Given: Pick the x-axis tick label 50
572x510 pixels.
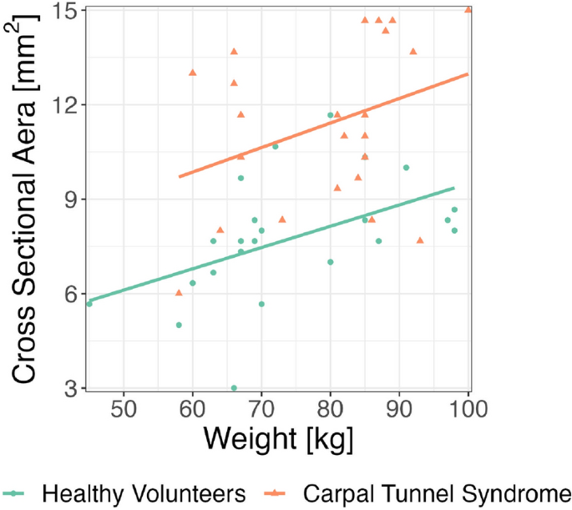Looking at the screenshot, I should point(124,409).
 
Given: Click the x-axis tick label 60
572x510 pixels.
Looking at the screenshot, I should point(193,409).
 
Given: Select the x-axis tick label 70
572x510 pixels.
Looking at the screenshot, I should point(261,409).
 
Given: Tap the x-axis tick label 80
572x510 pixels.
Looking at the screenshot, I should point(331,409).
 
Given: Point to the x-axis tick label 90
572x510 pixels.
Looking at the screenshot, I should point(399,409).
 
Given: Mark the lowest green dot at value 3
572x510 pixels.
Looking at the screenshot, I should point(234,388).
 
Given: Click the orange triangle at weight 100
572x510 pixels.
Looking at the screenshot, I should point(468,10).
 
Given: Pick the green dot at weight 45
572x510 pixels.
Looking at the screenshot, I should point(89,304).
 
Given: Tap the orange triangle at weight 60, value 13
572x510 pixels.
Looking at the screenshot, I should point(193,73).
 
